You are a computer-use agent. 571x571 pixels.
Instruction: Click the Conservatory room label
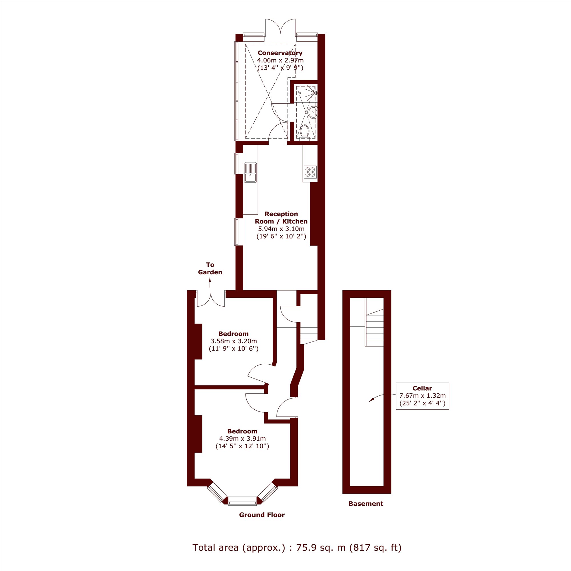[280, 53]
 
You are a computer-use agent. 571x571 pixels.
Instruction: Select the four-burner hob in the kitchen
[310, 172]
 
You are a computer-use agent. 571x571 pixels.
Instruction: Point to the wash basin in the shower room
[312, 112]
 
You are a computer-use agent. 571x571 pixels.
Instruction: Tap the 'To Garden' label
[210, 268]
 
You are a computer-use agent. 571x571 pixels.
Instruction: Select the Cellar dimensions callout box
[422, 396]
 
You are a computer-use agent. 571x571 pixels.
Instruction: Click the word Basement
[366, 504]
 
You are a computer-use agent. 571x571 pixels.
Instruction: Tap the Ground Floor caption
[262, 515]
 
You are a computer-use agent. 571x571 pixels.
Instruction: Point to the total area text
[297, 548]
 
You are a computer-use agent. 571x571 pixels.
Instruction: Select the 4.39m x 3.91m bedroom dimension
[242, 439]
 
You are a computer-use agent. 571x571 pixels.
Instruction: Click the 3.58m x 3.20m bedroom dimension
[234, 341]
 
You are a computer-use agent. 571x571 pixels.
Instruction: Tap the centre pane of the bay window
[242, 501]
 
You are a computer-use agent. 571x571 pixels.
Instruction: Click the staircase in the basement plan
[375, 322]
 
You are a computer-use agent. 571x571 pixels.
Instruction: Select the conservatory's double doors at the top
[280, 27]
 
